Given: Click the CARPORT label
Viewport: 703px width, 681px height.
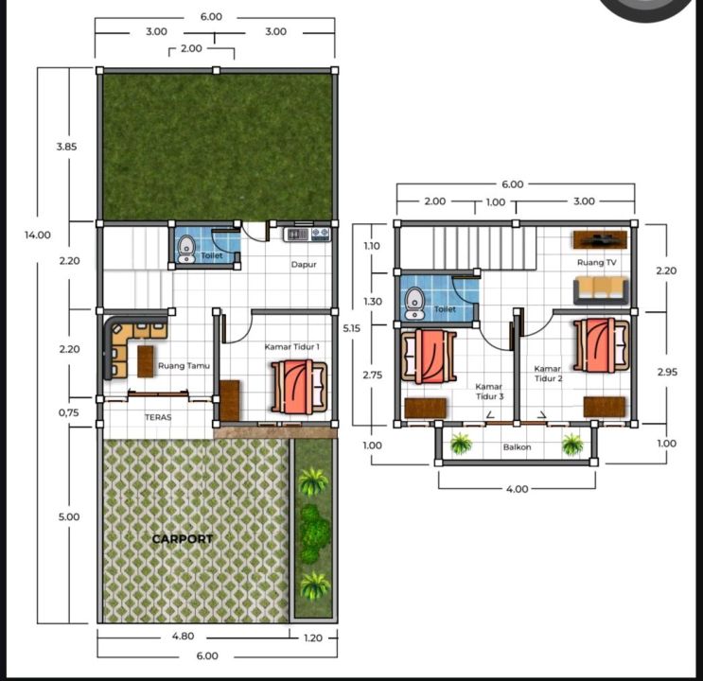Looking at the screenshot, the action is pos(183,539).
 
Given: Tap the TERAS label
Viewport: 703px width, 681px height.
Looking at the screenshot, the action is pos(158,417).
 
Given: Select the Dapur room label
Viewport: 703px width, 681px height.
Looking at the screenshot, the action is pos(304,265).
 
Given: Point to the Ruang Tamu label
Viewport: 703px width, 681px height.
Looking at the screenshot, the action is pos(184,366).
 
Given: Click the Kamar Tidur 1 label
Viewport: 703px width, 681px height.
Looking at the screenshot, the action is pos(291,346).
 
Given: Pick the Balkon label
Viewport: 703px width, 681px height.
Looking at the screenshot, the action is pos(517,447).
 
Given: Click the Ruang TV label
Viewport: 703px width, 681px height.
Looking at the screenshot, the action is pos(596,262).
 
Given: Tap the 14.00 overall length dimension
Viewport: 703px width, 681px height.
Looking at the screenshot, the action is pos(38,235).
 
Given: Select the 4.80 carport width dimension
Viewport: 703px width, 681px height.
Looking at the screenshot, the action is pos(183,636).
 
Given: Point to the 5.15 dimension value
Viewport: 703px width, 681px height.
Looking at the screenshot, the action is pos(352,328).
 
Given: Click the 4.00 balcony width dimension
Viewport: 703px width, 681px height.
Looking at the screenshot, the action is pos(517,489).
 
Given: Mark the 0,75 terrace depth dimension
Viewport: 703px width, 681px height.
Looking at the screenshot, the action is pos(68,413).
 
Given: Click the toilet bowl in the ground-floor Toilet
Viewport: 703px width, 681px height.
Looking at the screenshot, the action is pos(185,250).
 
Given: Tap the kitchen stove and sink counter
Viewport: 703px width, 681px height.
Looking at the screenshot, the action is pos(308,234).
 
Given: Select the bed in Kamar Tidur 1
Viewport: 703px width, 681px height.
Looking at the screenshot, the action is pos(299,387).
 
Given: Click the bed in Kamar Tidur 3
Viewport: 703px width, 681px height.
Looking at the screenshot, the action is pos(429,357).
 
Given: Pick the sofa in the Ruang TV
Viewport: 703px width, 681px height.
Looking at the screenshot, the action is pos(601,290).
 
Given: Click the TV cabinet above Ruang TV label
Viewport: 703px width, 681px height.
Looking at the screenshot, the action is pos(600,239).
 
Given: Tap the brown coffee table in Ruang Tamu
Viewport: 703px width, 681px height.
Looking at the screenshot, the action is pos(146,361).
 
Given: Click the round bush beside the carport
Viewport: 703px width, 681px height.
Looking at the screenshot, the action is pos(313,533).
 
